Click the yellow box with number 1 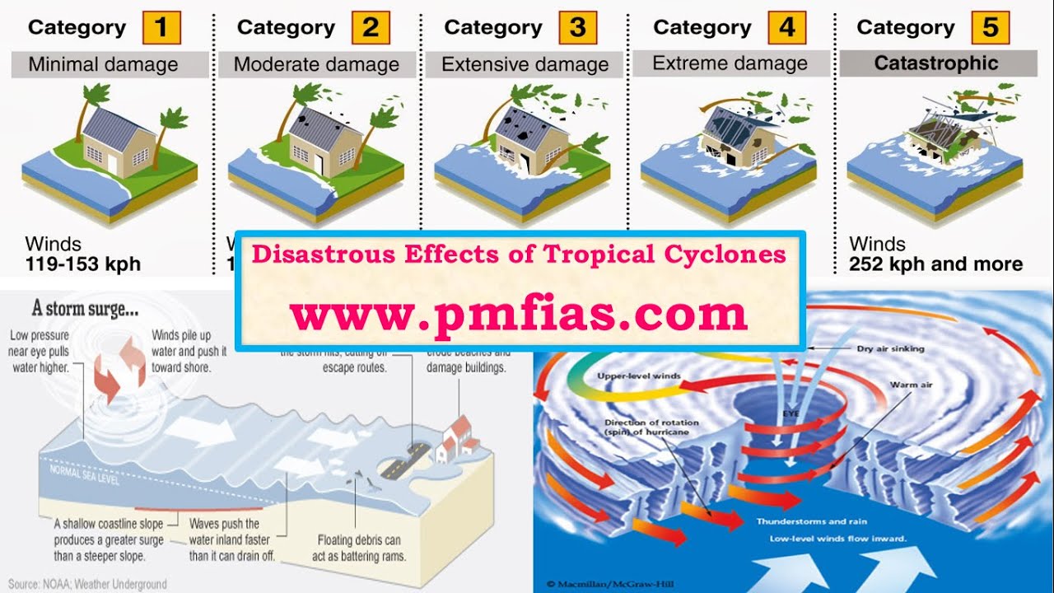click(161, 28)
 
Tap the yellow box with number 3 click(577, 28)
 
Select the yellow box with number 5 click(990, 28)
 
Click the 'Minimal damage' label click(103, 64)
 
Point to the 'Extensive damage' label click(525, 64)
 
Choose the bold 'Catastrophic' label click(936, 63)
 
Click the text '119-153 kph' click(83, 264)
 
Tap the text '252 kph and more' click(936, 264)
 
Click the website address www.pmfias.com click(518, 313)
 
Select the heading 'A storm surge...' click(85, 310)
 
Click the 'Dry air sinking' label click(890, 348)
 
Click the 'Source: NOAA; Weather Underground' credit click(87, 584)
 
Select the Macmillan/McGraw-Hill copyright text click(604, 585)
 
